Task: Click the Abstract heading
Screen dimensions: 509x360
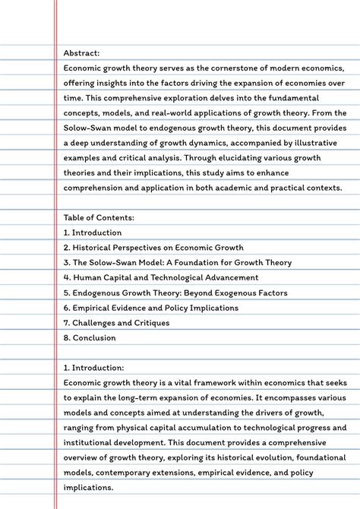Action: pyautogui.click(x=81, y=53)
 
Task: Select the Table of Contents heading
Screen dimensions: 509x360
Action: pyautogui.click(x=99, y=218)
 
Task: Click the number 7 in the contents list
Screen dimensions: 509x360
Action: pyautogui.click(x=66, y=323)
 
